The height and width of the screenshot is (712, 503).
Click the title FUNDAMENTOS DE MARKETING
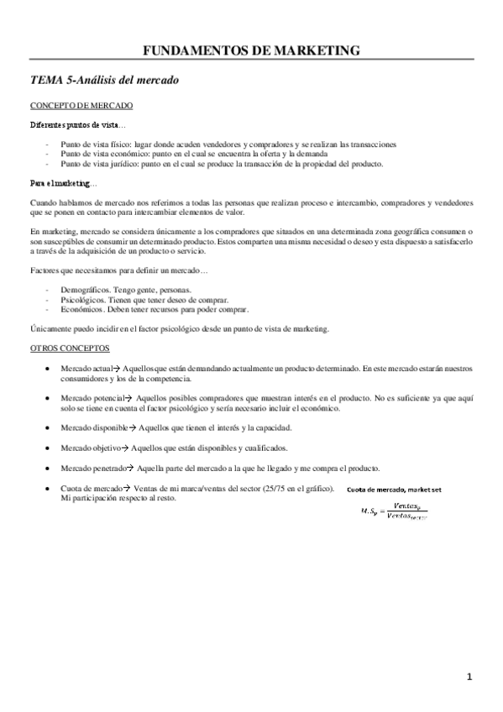click(252, 51)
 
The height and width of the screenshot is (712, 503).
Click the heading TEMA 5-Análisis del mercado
click(104, 81)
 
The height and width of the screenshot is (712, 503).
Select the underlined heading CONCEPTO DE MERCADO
click(81, 107)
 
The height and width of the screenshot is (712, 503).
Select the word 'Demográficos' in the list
click(84, 289)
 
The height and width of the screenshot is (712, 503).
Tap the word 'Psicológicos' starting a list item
click(83, 299)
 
